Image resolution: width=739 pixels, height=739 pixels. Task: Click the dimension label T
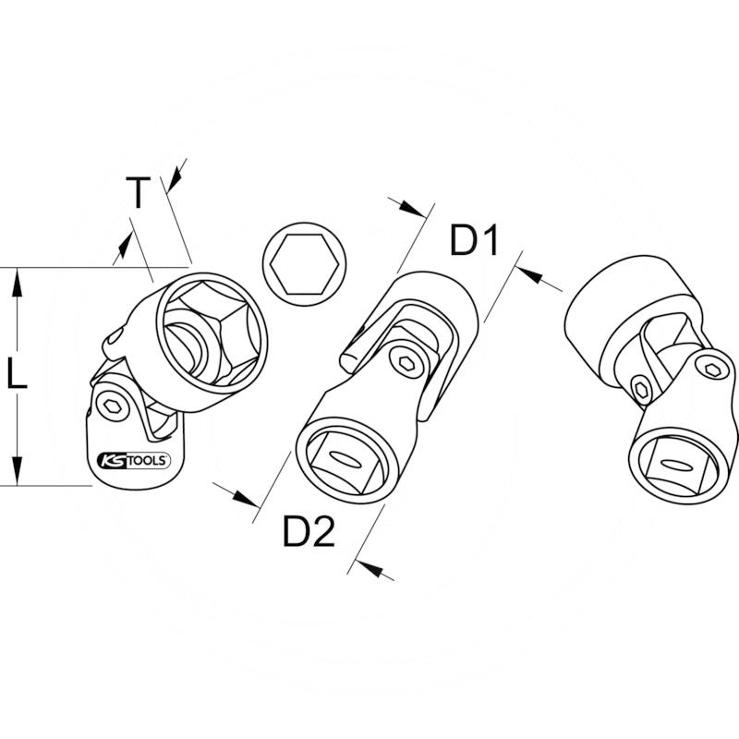(x=138, y=194)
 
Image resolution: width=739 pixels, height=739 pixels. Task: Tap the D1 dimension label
(x=474, y=242)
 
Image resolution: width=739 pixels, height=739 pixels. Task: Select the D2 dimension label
(x=309, y=533)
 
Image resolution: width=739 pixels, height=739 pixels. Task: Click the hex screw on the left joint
(x=111, y=406)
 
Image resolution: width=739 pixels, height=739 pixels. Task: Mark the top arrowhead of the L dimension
(x=16, y=281)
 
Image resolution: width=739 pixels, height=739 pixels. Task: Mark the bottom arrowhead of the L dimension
(x=16, y=472)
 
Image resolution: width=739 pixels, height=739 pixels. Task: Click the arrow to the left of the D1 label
(x=411, y=207)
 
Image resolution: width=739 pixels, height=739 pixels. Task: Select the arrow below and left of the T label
(x=121, y=247)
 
